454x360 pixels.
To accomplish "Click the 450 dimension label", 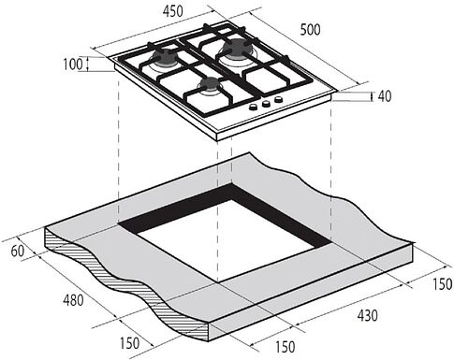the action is coord(172,11).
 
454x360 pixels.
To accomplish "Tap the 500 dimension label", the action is coord(310,30).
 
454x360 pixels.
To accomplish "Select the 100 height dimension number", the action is coord(73,65).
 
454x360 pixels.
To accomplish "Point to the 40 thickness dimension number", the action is coord(385,96).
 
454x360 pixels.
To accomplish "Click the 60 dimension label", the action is coord(18,252).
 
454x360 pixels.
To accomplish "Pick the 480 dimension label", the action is coord(73,300).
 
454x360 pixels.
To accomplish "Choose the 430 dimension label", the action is coord(367,315).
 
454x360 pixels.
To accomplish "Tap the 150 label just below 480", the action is coord(130,343).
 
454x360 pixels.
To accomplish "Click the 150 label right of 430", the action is coord(443,284).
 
